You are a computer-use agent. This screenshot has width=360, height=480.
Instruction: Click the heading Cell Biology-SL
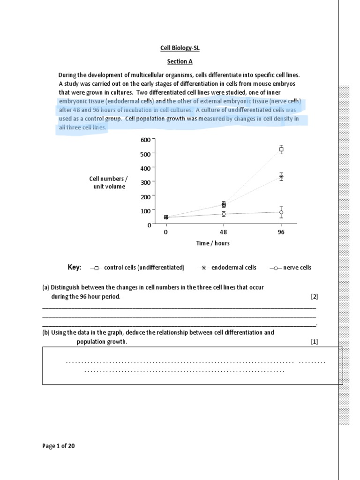coord(180,48)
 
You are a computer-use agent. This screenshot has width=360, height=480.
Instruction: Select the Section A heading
coord(180,61)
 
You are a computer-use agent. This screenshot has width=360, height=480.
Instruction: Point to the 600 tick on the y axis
coord(146,140)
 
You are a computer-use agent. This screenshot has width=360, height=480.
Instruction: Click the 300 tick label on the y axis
coord(146,182)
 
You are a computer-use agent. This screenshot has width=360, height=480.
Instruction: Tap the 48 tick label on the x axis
coord(224,232)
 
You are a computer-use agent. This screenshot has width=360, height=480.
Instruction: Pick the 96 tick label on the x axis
coord(281,232)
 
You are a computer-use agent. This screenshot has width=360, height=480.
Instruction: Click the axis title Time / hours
coord(213,243)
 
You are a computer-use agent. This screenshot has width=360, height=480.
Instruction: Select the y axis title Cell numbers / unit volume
coord(108,183)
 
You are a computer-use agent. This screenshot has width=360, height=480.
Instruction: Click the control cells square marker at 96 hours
coord(281,150)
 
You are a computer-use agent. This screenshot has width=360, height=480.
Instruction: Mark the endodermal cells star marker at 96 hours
coord(281,177)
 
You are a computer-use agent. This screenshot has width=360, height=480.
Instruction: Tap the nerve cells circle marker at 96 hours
coord(281,212)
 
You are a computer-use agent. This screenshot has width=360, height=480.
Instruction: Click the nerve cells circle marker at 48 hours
coord(224,214)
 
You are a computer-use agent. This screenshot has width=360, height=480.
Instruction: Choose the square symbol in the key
coord(97,268)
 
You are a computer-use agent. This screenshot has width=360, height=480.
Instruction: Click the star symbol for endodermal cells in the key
coord(203,268)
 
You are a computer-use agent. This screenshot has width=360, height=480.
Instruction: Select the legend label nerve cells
coord(298,268)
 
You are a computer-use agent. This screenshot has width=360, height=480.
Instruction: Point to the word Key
coord(75,267)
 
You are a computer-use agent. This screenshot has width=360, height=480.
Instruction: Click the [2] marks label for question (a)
coord(314,297)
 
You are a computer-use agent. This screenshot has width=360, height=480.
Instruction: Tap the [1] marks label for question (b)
coord(314,342)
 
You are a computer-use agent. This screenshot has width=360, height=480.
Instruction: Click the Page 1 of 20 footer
coord(59,446)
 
